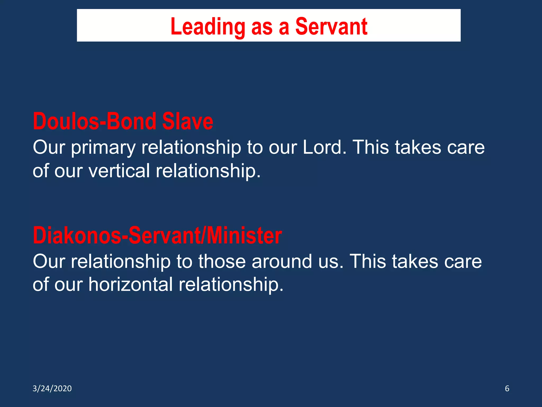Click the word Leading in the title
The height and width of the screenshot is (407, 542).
(208, 26)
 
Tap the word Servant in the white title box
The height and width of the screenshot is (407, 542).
(331, 26)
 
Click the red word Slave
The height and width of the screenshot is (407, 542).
(187, 121)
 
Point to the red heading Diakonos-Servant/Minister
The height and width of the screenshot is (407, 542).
(157, 236)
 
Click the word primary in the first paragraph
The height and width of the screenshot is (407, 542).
(103, 148)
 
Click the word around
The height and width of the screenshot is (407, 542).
(282, 262)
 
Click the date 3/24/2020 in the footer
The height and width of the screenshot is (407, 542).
(52, 388)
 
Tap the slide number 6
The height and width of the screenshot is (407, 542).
(507, 388)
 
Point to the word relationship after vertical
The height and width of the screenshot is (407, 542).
(208, 171)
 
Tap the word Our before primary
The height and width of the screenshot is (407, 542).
(49, 147)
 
